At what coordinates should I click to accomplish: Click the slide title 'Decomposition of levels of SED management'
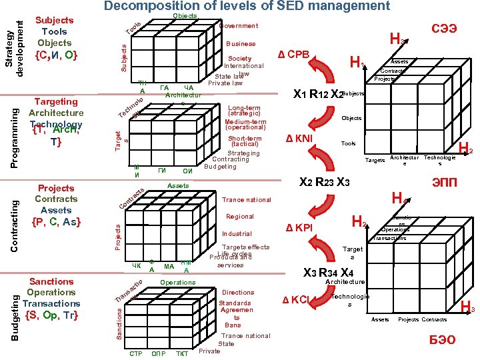(247, 7)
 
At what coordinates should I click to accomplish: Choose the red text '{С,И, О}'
(56, 55)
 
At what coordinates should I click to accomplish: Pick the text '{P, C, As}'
(56, 221)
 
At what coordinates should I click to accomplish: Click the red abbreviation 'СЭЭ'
(444, 29)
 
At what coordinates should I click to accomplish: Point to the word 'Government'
(238, 26)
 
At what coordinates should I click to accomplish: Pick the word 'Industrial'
(237, 234)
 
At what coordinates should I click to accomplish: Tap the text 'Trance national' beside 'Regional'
(247, 200)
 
